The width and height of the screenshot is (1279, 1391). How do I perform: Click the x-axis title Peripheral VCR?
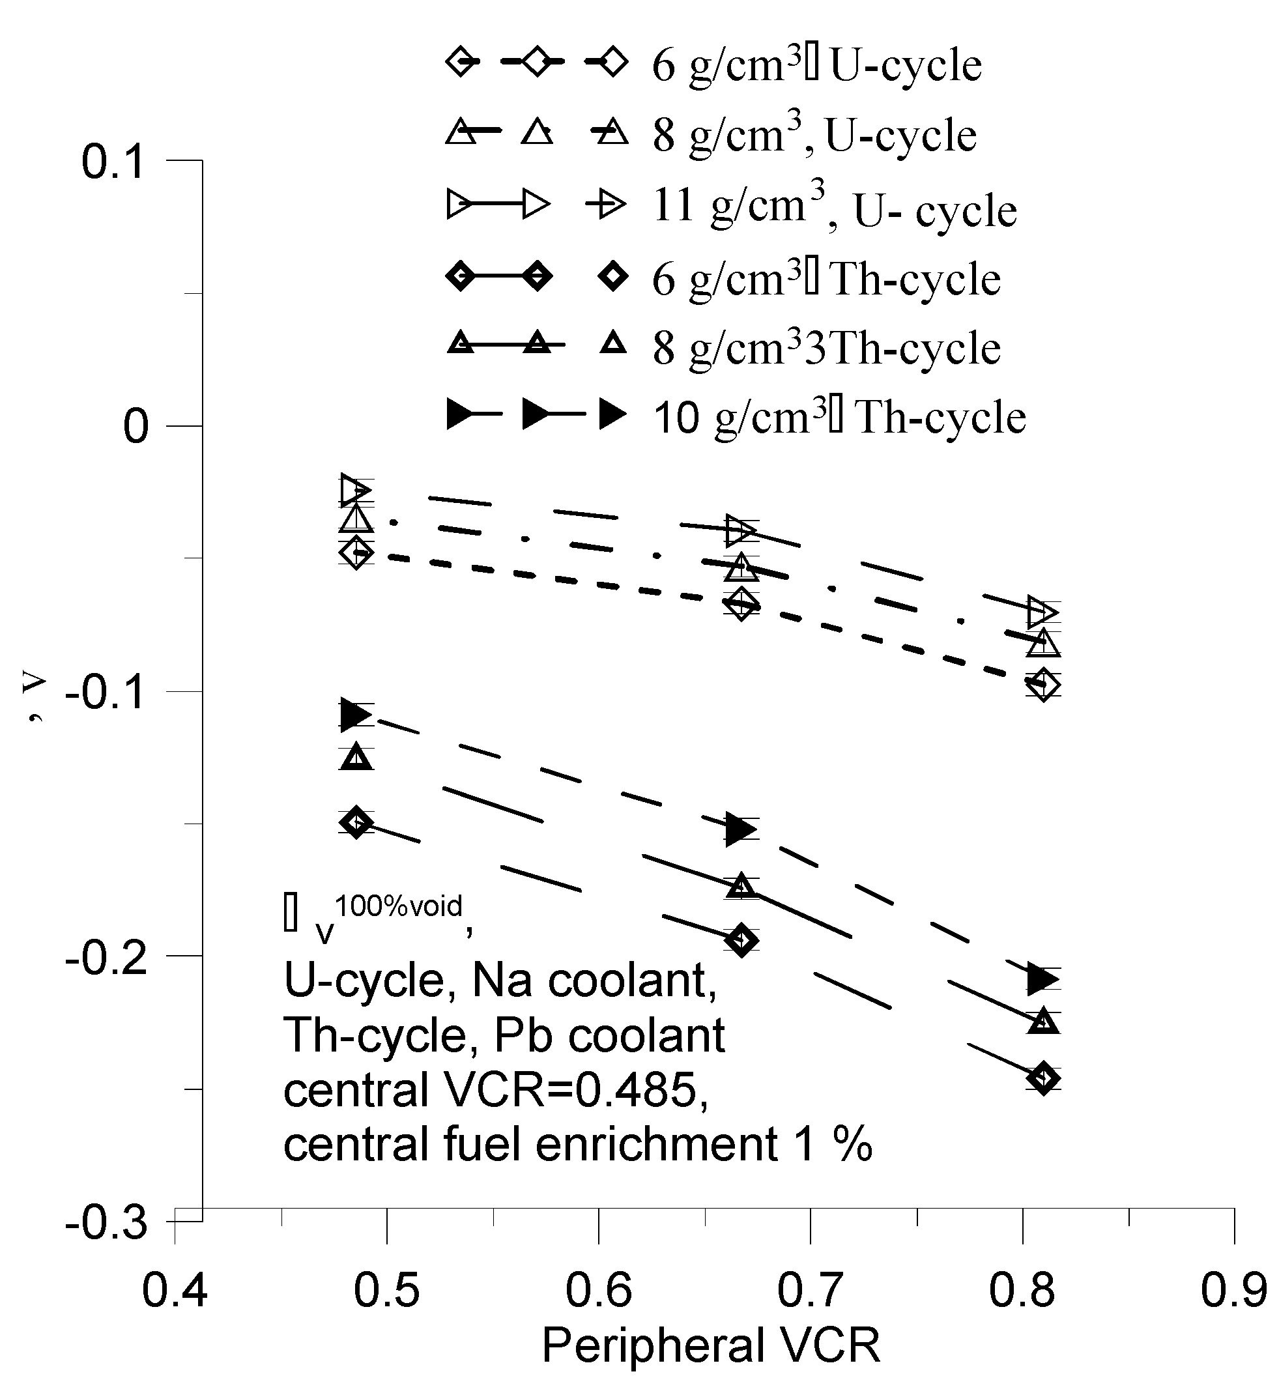(711, 1346)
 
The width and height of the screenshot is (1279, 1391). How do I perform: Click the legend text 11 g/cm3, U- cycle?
(835, 208)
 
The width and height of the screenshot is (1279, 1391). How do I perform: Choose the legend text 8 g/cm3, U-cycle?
(814, 134)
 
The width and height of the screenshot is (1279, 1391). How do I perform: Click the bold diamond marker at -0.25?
(1044, 1078)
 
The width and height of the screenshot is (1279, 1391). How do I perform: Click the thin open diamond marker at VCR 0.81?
(1044, 685)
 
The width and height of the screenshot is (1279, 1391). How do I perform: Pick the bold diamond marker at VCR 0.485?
(356, 822)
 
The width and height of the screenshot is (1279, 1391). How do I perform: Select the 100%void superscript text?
(398, 906)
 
